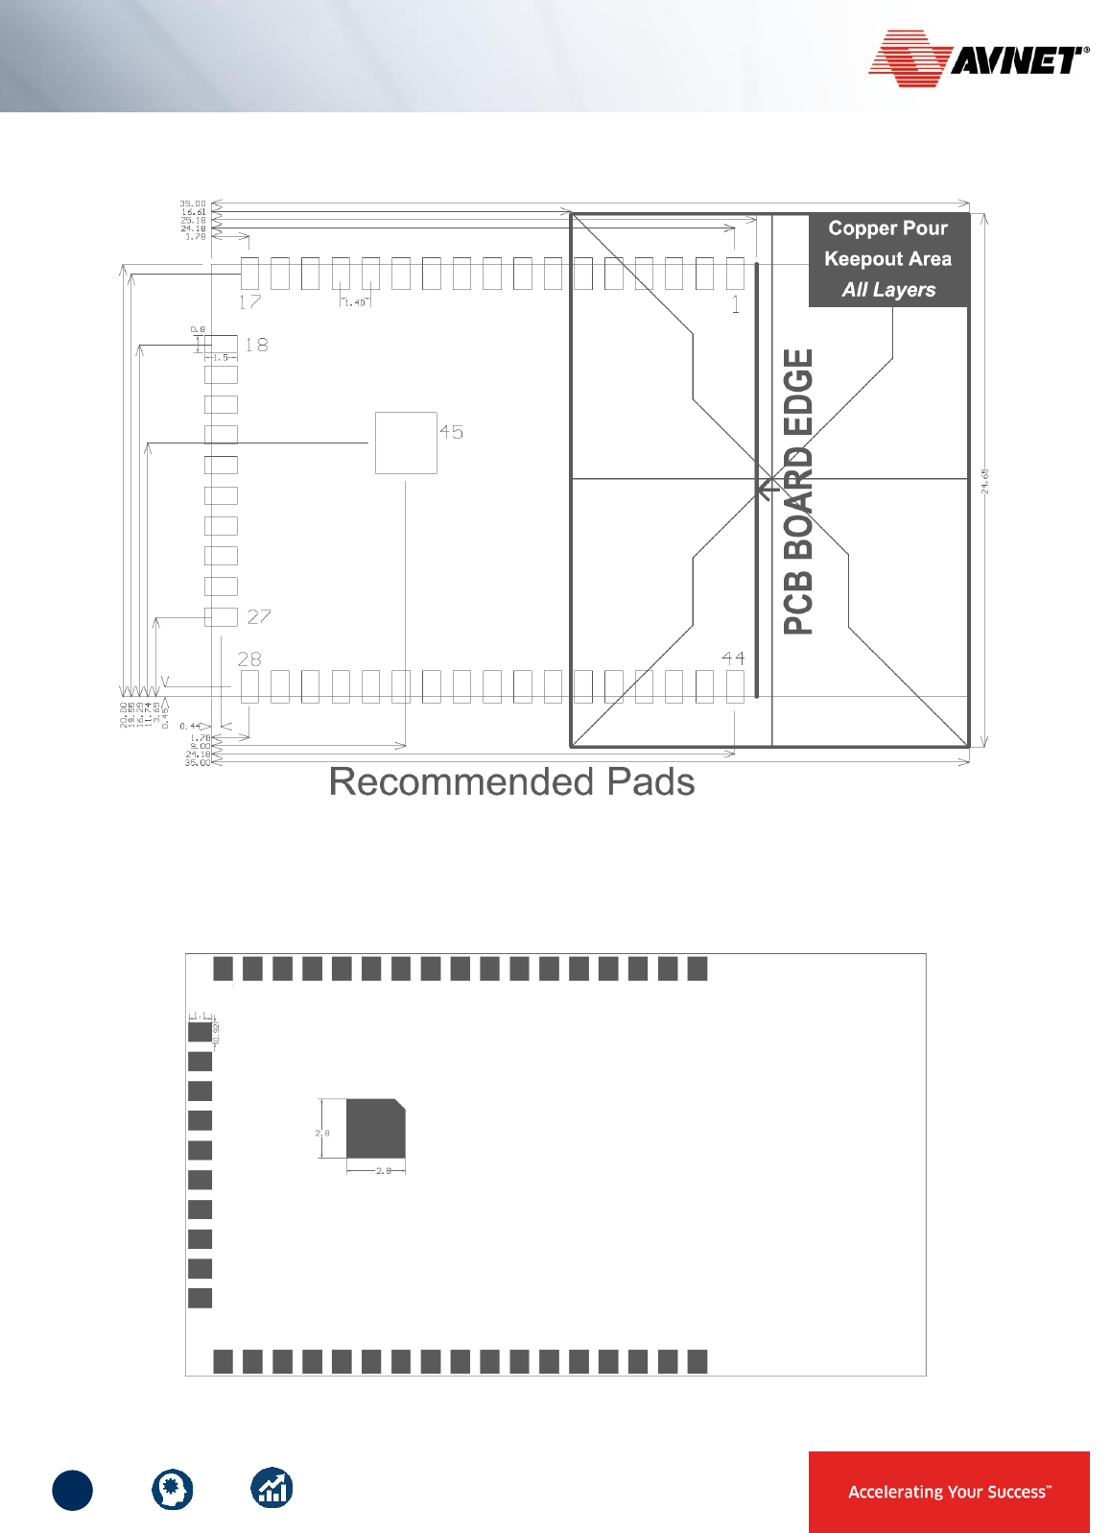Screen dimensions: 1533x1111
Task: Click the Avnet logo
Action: [978, 59]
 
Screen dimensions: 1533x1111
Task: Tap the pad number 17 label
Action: [249, 302]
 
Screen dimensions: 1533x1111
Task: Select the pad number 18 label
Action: [256, 345]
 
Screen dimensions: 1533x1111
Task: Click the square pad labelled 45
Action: [406, 443]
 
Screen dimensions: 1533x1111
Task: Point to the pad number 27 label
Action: [258, 616]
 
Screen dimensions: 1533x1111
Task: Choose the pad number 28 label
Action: [249, 659]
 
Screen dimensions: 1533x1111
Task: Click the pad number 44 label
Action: [733, 659]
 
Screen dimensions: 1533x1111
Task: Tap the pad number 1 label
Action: [735, 305]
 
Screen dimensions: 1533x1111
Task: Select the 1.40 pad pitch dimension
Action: [355, 302]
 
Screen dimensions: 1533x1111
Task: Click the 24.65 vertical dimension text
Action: [984, 481]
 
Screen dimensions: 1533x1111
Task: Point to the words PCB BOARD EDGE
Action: [799, 491]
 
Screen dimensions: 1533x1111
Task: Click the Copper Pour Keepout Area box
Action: [887, 259]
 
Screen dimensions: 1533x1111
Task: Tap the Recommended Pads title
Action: [511, 782]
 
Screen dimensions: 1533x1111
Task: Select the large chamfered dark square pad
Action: [375, 1129]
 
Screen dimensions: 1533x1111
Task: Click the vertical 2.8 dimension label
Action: [322, 1133]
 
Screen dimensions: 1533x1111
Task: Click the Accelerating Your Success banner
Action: [949, 1491]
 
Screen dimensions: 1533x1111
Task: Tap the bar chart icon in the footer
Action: [272, 1489]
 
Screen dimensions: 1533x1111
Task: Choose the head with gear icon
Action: [173, 1490]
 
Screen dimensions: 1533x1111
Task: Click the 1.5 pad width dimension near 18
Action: [221, 357]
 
